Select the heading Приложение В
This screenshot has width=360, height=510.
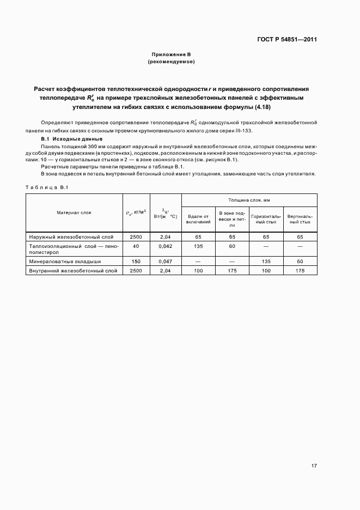(x=171, y=55)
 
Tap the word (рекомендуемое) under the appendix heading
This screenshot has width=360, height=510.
(x=171, y=62)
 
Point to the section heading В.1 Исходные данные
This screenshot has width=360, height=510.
(x=58, y=139)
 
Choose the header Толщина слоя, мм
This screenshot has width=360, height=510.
(x=248, y=201)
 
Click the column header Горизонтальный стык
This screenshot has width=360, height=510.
(x=266, y=219)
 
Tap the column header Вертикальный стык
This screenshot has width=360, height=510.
(x=300, y=219)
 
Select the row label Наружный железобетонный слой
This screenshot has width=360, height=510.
(x=63, y=237)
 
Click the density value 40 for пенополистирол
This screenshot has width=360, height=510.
(x=136, y=246)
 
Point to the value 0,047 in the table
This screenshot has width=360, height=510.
(x=165, y=262)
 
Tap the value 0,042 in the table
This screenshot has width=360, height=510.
(x=165, y=246)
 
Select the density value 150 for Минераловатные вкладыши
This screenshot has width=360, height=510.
(x=136, y=262)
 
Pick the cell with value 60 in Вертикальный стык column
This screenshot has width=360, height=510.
(x=300, y=262)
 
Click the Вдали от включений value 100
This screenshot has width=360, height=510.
(x=198, y=270)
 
